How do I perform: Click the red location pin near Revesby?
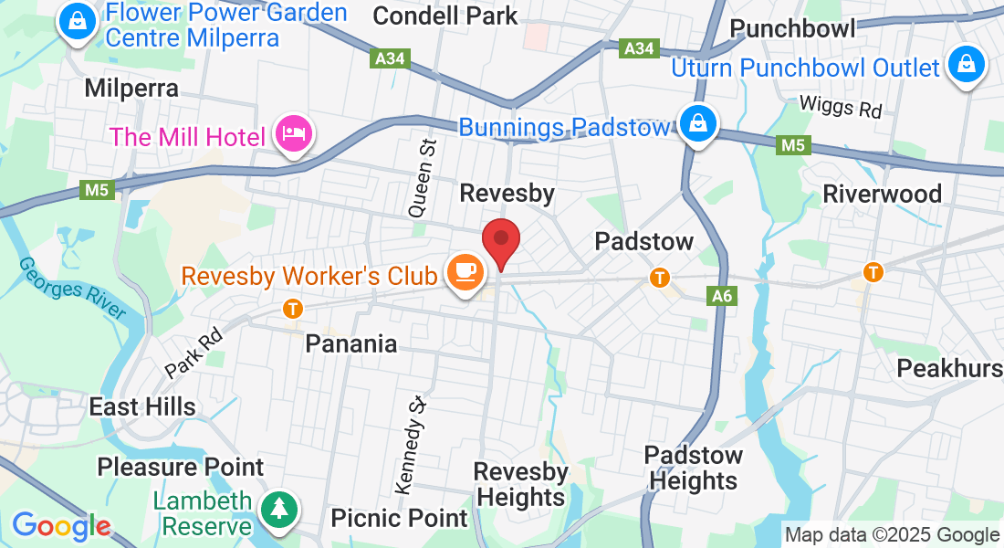tap(501, 241)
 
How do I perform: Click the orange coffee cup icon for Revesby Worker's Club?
tap(465, 270)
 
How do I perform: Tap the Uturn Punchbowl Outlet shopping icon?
tap(965, 66)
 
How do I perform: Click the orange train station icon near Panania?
tap(293, 309)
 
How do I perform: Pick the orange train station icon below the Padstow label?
tap(658, 276)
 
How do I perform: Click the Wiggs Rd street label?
tap(841, 106)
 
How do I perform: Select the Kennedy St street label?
tap(412, 441)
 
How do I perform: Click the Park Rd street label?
tap(194, 353)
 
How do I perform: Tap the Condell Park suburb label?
tap(445, 16)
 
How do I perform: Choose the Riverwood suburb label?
tap(882, 194)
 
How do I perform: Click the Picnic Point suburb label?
tap(399, 518)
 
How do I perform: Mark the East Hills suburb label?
tap(142, 406)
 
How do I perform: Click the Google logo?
tap(61, 526)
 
